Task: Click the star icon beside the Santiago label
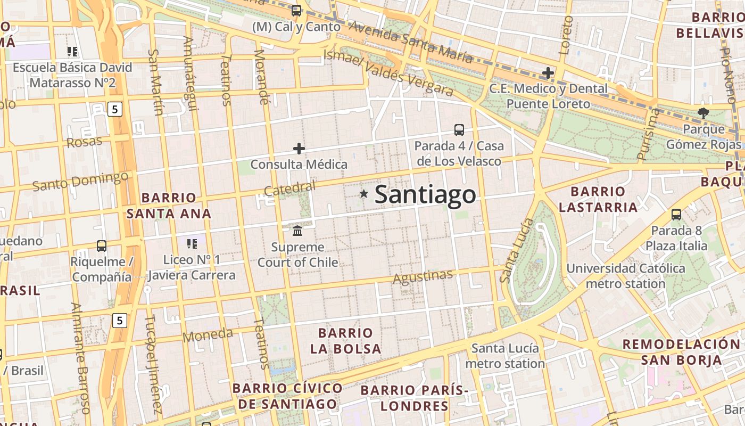tap(364, 194)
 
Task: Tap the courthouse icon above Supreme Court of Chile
tap(297, 231)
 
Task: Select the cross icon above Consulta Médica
tap(299, 149)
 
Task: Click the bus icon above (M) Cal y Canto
tap(296, 10)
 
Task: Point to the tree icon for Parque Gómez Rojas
tap(703, 112)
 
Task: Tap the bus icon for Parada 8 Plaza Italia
tap(676, 215)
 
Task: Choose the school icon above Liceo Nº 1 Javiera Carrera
tap(192, 244)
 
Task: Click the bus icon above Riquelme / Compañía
tap(101, 246)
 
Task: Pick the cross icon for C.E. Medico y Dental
tap(548, 72)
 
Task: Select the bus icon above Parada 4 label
tap(459, 129)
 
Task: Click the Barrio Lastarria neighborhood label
tap(598, 199)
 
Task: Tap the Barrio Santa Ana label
tap(169, 206)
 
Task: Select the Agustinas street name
tap(423, 276)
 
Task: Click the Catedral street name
tap(289, 189)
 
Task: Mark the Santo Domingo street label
tap(80, 181)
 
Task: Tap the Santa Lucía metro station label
tap(505, 356)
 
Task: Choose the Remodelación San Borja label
tap(681, 351)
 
